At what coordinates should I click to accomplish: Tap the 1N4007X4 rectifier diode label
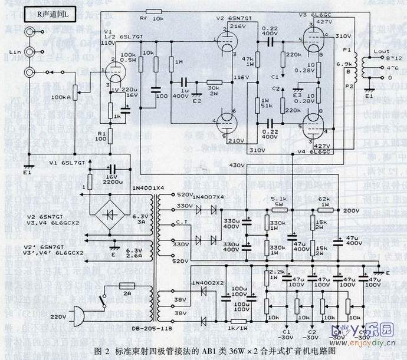205,195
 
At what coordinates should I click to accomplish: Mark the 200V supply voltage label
351,210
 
